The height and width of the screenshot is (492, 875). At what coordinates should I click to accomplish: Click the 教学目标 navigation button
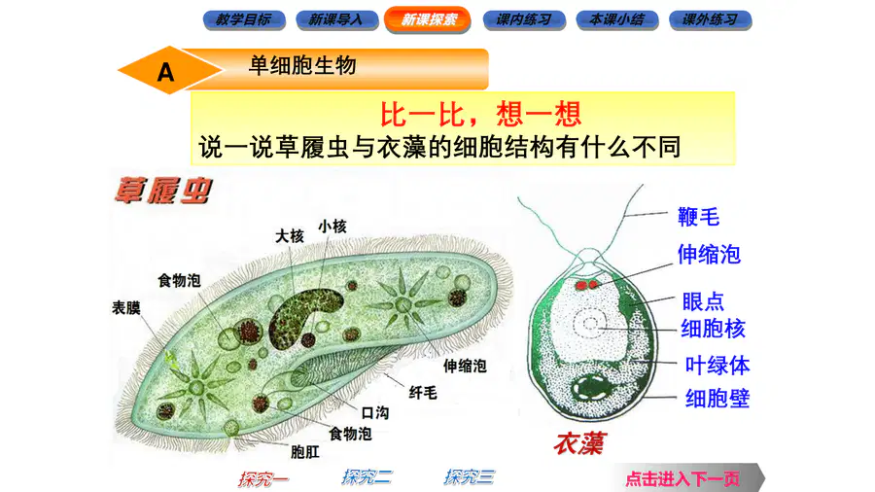point(244,20)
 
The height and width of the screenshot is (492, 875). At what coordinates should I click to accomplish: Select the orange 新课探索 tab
point(428,19)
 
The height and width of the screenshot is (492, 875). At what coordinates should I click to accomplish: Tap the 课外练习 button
point(711,20)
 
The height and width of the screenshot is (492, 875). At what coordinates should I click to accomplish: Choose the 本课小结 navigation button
point(617,20)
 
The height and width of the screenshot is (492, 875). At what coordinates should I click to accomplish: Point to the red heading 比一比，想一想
point(481,115)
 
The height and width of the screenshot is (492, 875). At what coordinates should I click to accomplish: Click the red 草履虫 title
point(163,191)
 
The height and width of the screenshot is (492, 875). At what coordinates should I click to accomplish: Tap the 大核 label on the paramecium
point(290,236)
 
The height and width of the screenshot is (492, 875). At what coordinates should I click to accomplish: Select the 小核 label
point(332,227)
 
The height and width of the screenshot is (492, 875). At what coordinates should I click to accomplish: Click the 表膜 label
point(126,307)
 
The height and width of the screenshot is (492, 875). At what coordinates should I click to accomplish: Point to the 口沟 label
point(375,413)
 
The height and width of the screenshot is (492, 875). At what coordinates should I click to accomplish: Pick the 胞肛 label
point(305,452)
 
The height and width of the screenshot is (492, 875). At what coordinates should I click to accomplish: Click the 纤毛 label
point(423,393)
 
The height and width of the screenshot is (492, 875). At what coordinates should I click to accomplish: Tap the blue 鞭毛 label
point(699,217)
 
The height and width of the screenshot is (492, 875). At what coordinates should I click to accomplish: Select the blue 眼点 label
point(703,301)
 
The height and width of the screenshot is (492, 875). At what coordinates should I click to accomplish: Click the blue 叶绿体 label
point(717,366)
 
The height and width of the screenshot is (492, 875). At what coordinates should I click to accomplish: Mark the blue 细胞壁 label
point(717,399)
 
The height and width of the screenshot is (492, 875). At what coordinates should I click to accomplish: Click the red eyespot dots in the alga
point(586,285)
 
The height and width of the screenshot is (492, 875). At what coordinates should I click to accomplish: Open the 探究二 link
point(367,477)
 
